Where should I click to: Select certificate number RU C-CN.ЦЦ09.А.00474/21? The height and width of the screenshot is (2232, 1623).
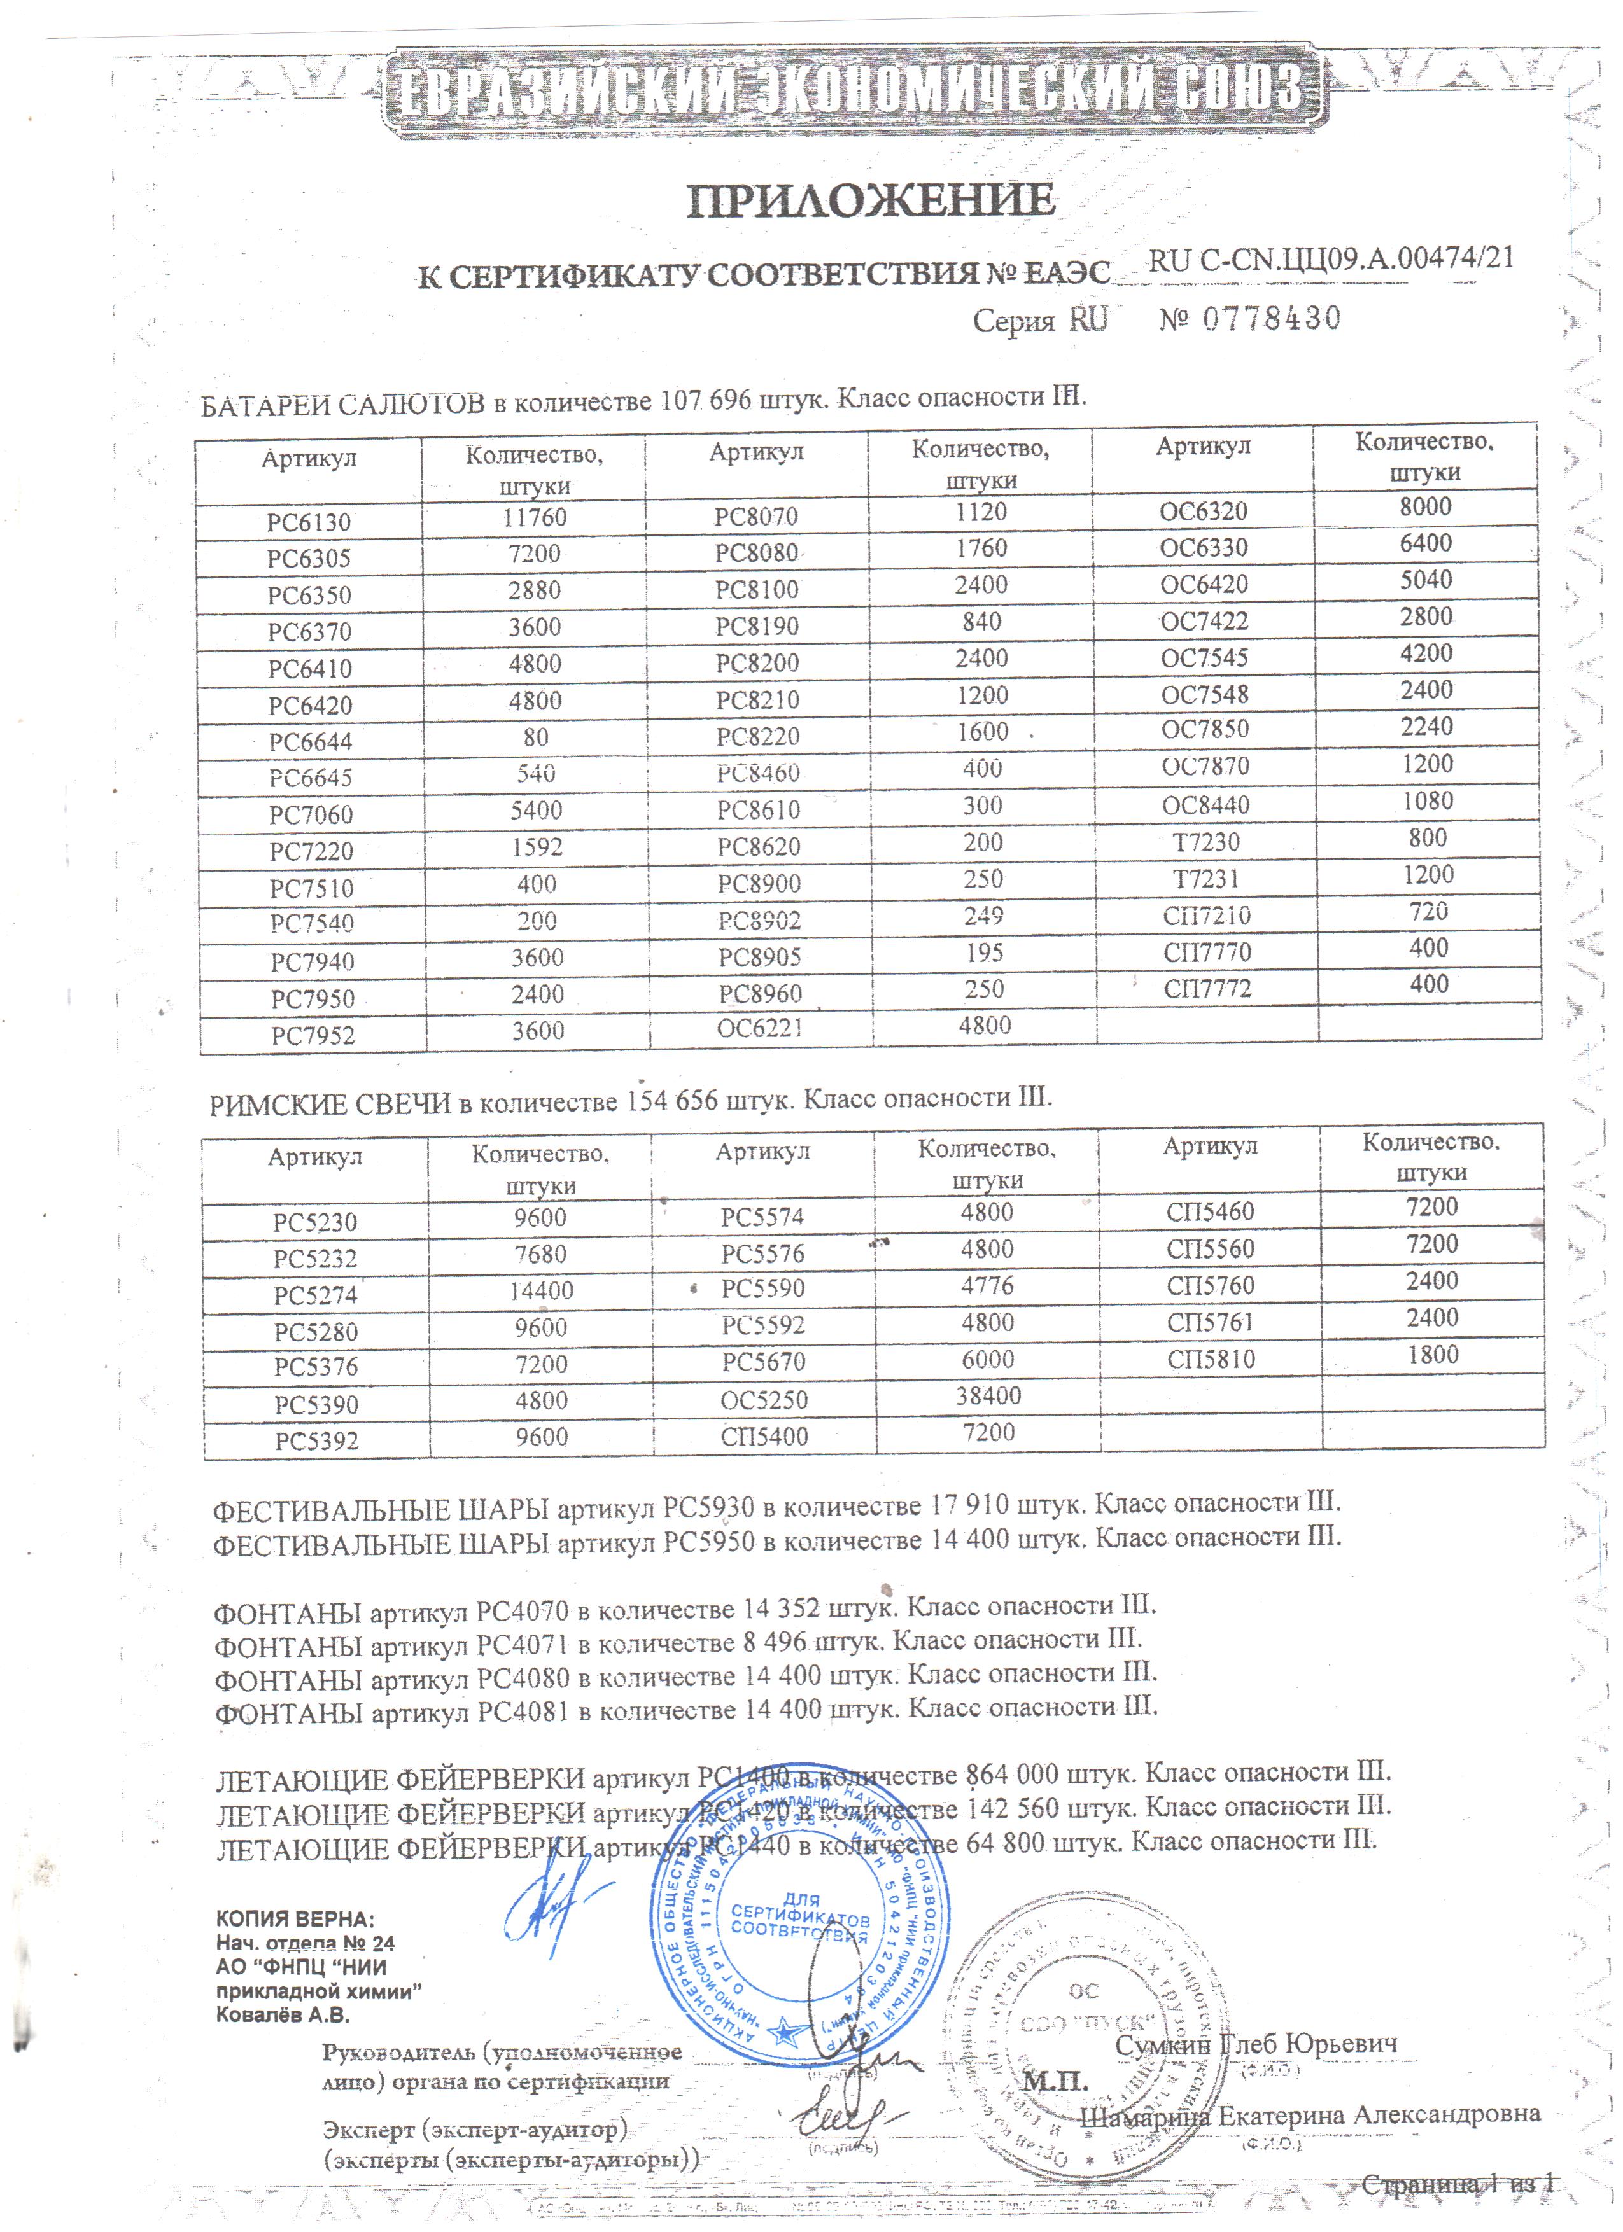[x=1331, y=259]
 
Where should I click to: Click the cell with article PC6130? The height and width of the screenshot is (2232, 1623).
[x=309, y=522]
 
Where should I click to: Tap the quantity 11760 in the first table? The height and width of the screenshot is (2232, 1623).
[x=535, y=518]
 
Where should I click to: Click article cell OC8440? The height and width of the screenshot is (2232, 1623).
[x=1205, y=805]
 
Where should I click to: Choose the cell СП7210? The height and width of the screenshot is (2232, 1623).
[x=1207, y=915]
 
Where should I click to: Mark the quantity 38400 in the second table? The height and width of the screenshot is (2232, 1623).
[x=988, y=1395]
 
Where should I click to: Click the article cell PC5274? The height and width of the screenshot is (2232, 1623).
[x=316, y=1295]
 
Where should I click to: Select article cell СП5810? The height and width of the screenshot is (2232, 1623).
[x=1211, y=1359]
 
